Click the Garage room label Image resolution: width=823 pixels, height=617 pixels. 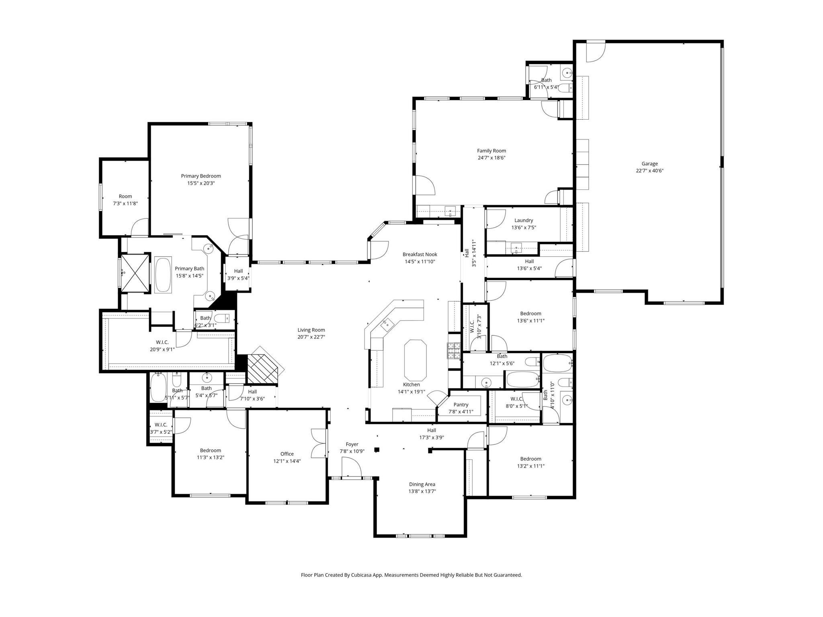(x=649, y=163)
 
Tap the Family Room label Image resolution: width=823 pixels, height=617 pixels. (x=491, y=151)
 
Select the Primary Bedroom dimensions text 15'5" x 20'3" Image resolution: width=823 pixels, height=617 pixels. (x=201, y=183)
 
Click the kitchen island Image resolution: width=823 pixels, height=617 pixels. (x=415, y=360)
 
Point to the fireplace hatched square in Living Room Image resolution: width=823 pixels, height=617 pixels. (x=262, y=369)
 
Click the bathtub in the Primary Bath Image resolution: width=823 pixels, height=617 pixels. (x=163, y=275)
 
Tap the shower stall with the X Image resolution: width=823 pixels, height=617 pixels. (x=135, y=272)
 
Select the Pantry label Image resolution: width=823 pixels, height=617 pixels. (x=461, y=405)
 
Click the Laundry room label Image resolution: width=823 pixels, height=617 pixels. (x=524, y=220)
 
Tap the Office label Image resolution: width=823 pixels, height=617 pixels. (x=287, y=454)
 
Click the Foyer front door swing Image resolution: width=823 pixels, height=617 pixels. (x=352, y=467)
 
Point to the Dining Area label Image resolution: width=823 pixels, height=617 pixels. (x=422, y=484)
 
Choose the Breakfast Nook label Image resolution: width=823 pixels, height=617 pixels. (x=420, y=254)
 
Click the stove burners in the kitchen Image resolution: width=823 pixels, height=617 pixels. (x=454, y=350)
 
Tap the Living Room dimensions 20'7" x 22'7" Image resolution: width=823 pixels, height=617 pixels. (x=311, y=337)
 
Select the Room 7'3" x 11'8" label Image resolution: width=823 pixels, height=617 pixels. (x=125, y=200)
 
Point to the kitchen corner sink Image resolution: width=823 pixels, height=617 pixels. (x=387, y=323)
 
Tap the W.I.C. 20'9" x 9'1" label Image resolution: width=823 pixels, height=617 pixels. (x=162, y=346)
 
